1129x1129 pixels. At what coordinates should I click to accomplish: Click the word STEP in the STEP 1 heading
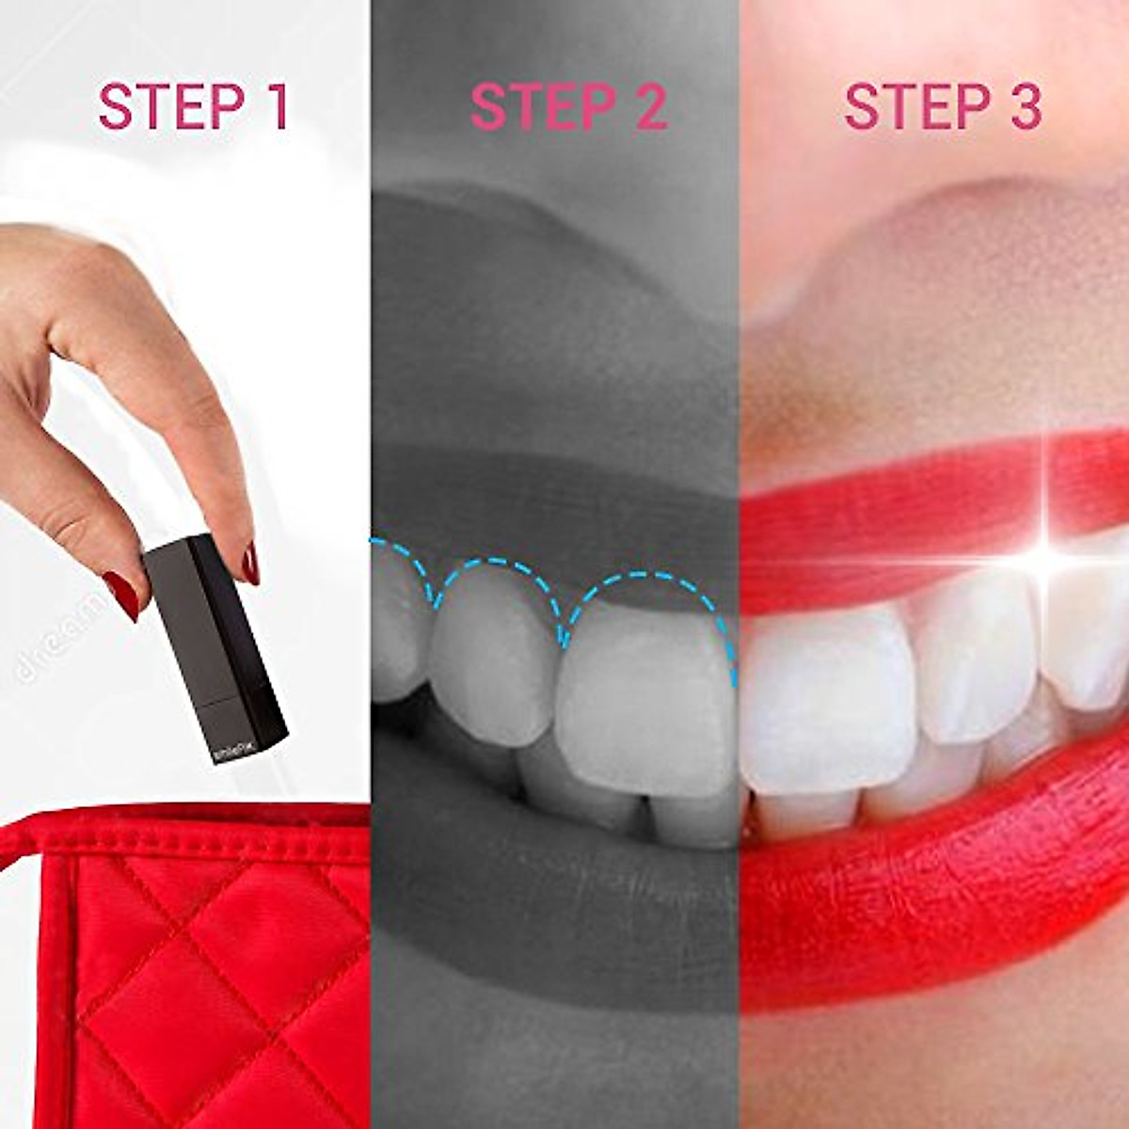(x=160, y=106)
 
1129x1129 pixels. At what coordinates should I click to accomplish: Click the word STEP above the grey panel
(x=533, y=106)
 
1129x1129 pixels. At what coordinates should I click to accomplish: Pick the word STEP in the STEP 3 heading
(x=908, y=106)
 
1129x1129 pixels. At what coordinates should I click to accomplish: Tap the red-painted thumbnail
(x=121, y=595)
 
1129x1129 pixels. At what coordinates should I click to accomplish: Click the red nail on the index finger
(x=250, y=563)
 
